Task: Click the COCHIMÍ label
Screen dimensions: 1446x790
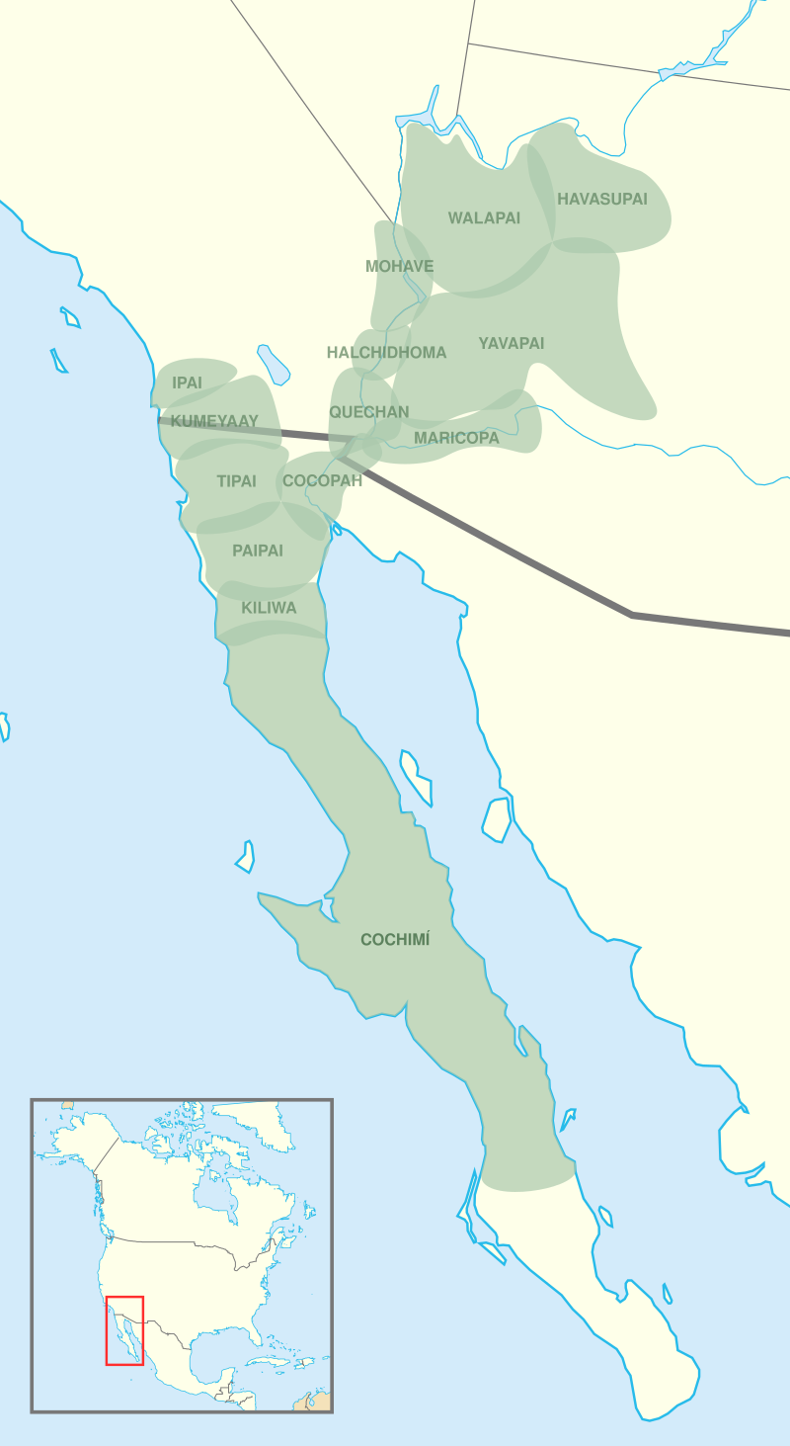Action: (x=395, y=940)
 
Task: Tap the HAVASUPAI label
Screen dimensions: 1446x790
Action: (x=602, y=199)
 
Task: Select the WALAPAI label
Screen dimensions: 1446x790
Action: (x=484, y=217)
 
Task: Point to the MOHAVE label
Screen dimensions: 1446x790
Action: (x=399, y=266)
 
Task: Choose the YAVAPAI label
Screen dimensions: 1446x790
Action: (x=512, y=343)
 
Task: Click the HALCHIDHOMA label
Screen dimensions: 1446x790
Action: (x=386, y=352)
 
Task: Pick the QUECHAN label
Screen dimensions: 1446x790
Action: (x=368, y=411)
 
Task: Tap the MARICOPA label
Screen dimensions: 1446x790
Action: (x=456, y=437)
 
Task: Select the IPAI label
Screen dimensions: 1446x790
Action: (x=187, y=383)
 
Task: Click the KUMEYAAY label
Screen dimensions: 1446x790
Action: (x=214, y=421)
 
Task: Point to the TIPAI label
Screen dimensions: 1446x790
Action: (x=236, y=481)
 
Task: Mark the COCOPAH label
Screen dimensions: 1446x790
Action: (x=322, y=481)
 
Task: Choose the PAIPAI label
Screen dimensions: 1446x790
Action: (x=257, y=551)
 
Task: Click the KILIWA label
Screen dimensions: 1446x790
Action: (x=269, y=608)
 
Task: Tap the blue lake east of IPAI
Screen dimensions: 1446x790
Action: (x=274, y=364)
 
